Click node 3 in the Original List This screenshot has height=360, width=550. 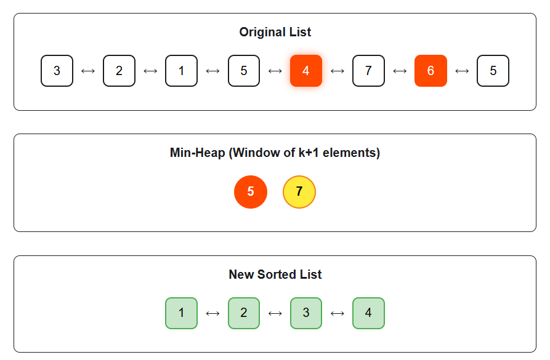57,71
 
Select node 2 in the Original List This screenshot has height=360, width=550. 119,71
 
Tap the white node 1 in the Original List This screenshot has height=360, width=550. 181,71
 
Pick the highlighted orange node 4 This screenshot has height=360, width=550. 306,71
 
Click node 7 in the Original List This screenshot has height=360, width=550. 368,71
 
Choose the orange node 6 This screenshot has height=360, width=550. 431,71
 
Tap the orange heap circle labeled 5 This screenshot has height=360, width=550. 251,191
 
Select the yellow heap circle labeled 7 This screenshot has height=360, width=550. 299,191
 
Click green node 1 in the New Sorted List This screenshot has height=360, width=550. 181,313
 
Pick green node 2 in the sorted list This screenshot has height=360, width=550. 244,313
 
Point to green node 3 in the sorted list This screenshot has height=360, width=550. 306,313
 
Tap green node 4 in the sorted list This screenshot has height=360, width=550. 368,313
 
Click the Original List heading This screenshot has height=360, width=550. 275,32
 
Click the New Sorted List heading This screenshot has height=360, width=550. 275,274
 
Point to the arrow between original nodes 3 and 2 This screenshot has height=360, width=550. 88,71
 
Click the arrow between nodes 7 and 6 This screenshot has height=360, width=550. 400,71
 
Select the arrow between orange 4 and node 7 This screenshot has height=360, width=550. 338,71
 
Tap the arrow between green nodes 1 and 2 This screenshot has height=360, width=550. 212,313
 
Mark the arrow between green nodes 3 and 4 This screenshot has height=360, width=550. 338,313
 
